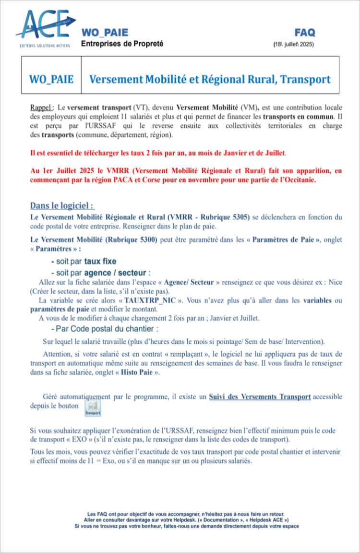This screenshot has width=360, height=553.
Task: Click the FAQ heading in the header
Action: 305,33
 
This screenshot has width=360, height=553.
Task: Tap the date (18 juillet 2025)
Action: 294,44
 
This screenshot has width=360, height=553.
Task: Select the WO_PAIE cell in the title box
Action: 51,79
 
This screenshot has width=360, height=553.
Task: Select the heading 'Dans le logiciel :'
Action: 62,206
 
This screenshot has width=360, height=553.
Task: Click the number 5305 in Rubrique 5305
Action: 238,217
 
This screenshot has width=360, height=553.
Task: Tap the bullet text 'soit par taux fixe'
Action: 84,262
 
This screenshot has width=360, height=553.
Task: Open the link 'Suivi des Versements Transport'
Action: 260,397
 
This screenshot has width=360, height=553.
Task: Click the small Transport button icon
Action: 93,409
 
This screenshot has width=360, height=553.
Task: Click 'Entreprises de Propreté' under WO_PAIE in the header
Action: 122,44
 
